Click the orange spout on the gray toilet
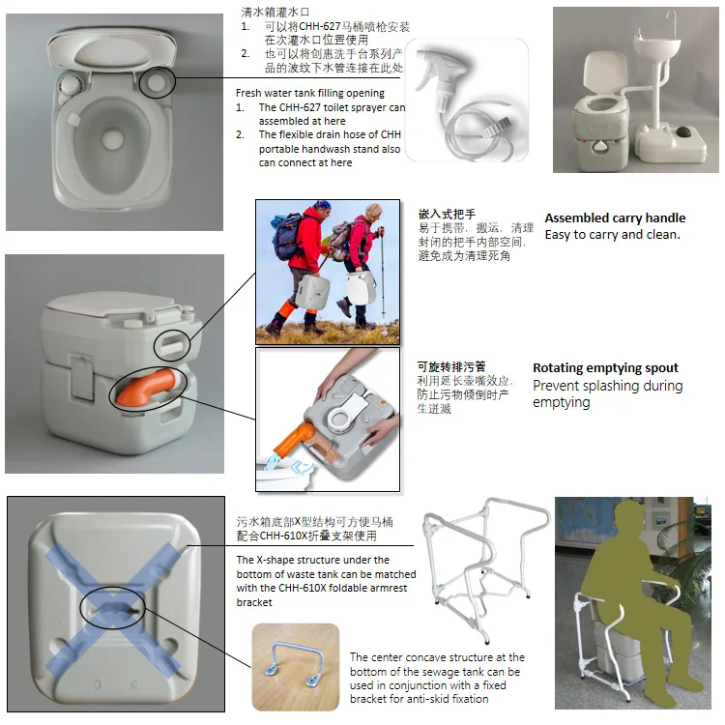click(144, 388)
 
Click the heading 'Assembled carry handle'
click(615, 217)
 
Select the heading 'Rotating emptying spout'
click(605, 368)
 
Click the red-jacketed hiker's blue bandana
click(322, 204)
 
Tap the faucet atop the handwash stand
click(671, 21)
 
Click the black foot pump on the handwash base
click(684, 131)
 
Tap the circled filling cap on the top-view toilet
click(157, 81)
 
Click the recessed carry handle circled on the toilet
click(172, 345)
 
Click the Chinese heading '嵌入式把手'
click(447, 214)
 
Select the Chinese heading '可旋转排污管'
click(451, 367)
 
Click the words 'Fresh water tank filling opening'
click(309, 93)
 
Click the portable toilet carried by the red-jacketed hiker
click(312, 292)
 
